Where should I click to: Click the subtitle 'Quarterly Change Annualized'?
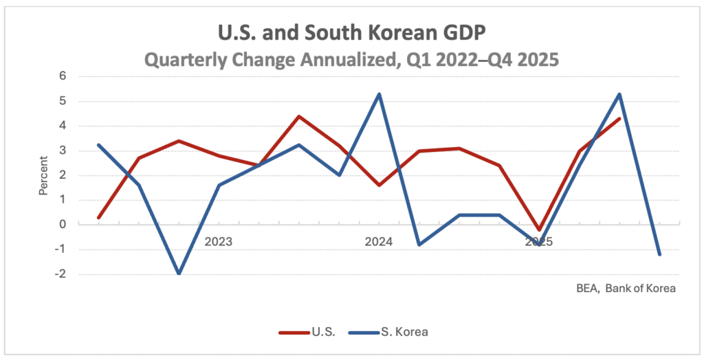click(x=351, y=60)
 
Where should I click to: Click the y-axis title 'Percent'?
click(x=43, y=176)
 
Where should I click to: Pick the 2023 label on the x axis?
click(x=219, y=242)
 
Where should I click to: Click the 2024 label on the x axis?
click(x=379, y=242)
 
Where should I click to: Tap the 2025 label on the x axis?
click(x=539, y=242)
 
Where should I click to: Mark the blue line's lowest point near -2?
click(x=179, y=273)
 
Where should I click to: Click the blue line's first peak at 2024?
click(x=379, y=94)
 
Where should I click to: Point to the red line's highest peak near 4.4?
click(x=299, y=116)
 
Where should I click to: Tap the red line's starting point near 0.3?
click(x=98, y=217)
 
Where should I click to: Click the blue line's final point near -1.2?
click(x=660, y=254)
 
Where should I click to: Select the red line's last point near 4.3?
click(x=619, y=119)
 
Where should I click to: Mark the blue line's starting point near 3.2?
click(x=98, y=145)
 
